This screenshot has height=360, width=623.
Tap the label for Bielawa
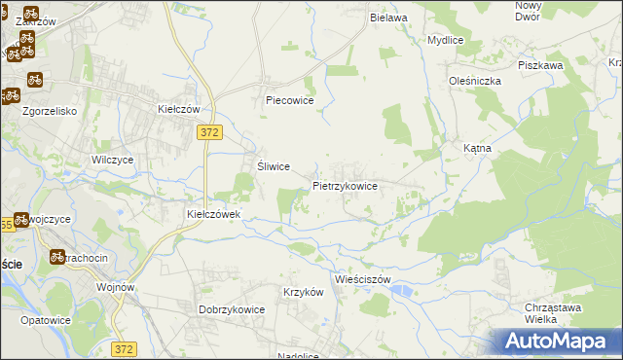[387, 18]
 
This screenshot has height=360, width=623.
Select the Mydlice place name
[446, 40]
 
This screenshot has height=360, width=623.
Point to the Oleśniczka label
[474, 81]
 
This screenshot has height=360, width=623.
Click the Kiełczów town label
[179, 110]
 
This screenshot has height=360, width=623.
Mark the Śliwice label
[274, 166]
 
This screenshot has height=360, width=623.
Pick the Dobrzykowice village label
[233, 309]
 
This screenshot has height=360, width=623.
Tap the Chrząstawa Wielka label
[553, 312]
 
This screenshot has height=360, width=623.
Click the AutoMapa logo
[559, 342]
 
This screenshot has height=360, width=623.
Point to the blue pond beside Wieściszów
[401, 290]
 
